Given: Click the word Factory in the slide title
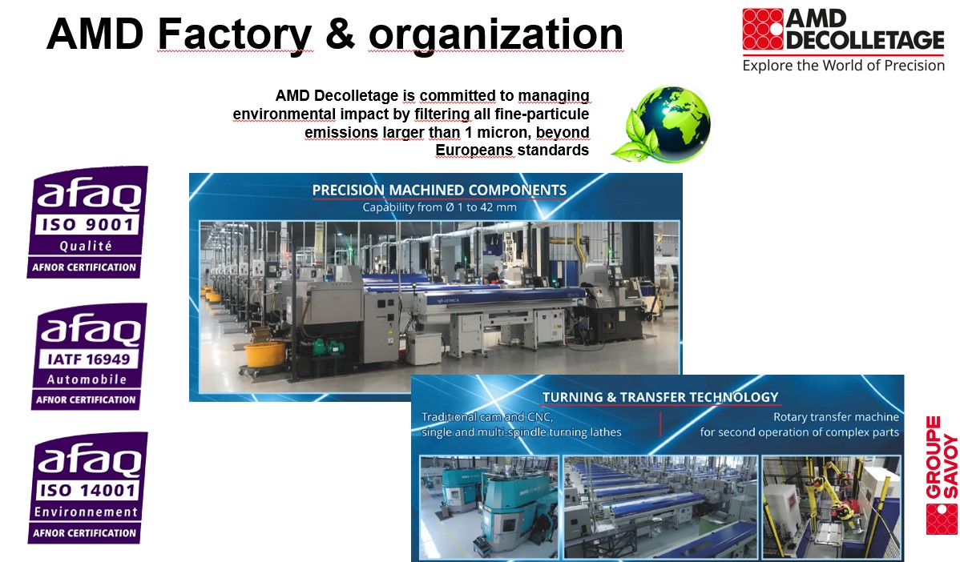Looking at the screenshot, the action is (x=235, y=35).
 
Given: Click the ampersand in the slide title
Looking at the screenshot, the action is (x=341, y=34).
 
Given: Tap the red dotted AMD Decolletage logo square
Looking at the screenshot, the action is (x=763, y=29).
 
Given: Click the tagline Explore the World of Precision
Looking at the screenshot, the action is (x=843, y=66).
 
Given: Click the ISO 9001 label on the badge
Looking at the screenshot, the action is (x=87, y=224).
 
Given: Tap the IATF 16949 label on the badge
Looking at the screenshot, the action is (x=89, y=359).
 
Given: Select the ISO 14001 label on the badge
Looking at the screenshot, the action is (x=87, y=490).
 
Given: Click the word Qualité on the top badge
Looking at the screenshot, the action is (x=86, y=246).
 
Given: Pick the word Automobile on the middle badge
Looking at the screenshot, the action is (x=87, y=379).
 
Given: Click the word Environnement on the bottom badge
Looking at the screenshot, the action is (x=87, y=512).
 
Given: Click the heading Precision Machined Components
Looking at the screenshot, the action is (x=440, y=191).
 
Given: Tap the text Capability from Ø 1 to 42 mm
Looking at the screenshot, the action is (x=440, y=207).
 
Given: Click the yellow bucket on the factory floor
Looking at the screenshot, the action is (x=264, y=354).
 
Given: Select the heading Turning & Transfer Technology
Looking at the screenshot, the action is (x=660, y=398).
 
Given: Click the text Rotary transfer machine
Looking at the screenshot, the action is (x=836, y=417).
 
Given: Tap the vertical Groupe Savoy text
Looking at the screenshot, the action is (x=942, y=457).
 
